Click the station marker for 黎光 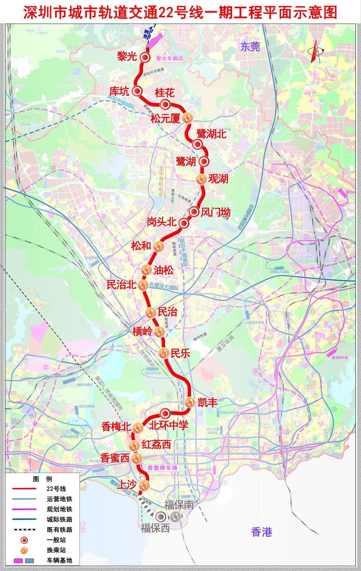(x=145, y=58)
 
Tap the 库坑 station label (x=119, y=91)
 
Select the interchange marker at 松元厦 (x=188, y=118)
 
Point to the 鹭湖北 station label (x=211, y=134)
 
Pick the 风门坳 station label (x=215, y=212)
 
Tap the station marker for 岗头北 (x=184, y=223)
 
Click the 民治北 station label (x=121, y=285)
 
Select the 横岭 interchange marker (x=159, y=332)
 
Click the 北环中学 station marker (x=164, y=414)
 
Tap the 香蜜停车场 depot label (x=162, y=468)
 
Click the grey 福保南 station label (x=179, y=505)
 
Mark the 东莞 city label (x=250, y=47)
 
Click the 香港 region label (x=261, y=532)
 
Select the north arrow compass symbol (x=315, y=50)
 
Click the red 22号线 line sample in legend (x=24, y=489)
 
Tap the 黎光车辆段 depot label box (x=169, y=59)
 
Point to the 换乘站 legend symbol (x=24, y=550)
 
